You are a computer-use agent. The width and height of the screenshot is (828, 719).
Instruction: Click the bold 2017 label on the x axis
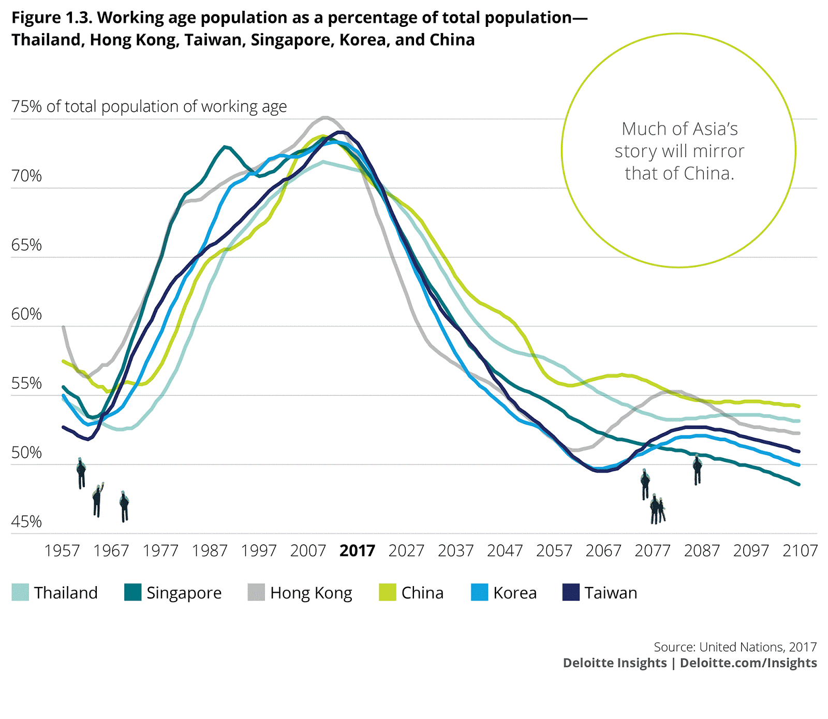point(357,550)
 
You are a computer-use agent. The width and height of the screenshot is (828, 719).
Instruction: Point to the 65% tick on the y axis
point(26,245)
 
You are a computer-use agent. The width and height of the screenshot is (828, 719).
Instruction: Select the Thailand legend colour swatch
point(20,592)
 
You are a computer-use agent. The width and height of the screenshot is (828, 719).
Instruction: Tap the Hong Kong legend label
point(311,593)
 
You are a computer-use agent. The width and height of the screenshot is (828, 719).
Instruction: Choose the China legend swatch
point(387,592)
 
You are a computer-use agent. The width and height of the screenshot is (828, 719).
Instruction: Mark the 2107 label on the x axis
point(800,550)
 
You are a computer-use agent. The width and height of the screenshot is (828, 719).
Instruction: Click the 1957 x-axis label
point(62,550)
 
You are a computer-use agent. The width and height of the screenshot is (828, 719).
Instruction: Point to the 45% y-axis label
point(26,521)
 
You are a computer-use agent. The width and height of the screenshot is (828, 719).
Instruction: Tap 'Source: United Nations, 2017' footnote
point(735,647)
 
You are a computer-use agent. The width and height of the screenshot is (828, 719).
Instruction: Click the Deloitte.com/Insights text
point(748,663)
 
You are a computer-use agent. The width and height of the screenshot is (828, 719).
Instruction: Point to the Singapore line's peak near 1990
point(225,147)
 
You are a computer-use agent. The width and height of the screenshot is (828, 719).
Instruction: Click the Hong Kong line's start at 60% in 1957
point(63,327)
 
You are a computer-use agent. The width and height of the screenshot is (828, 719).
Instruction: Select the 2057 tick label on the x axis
point(554,550)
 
